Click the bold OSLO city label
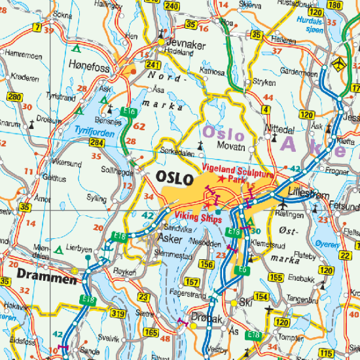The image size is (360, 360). click(175, 178)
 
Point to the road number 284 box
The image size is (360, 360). click(98, 142)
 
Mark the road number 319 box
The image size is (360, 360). click(118, 314)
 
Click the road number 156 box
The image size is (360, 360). click(207, 264)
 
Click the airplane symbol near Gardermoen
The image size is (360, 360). click(338, 63)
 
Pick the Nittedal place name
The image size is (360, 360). click(279, 129)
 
